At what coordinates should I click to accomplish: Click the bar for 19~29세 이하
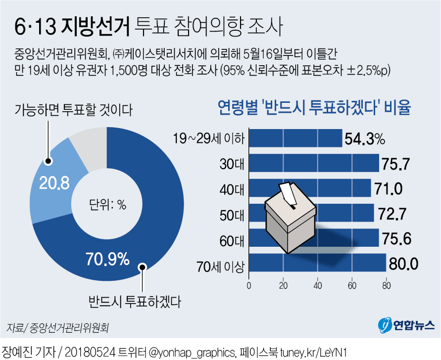[x=295, y=138]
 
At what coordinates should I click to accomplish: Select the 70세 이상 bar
[x=317, y=263]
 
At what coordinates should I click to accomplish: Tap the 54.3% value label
[x=364, y=138]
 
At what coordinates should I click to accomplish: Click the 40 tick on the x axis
[x=317, y=285]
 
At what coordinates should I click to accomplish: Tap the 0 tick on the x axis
[x=248, y=285]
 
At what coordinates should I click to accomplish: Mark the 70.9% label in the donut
[x=107, y=258]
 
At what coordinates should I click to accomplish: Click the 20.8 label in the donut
[x=48, y=183]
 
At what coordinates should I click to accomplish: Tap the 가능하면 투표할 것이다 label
[x=73, y=109]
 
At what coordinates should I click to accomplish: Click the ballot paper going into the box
[x=287, y=193]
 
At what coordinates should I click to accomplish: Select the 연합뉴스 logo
[x=406, y=325]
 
